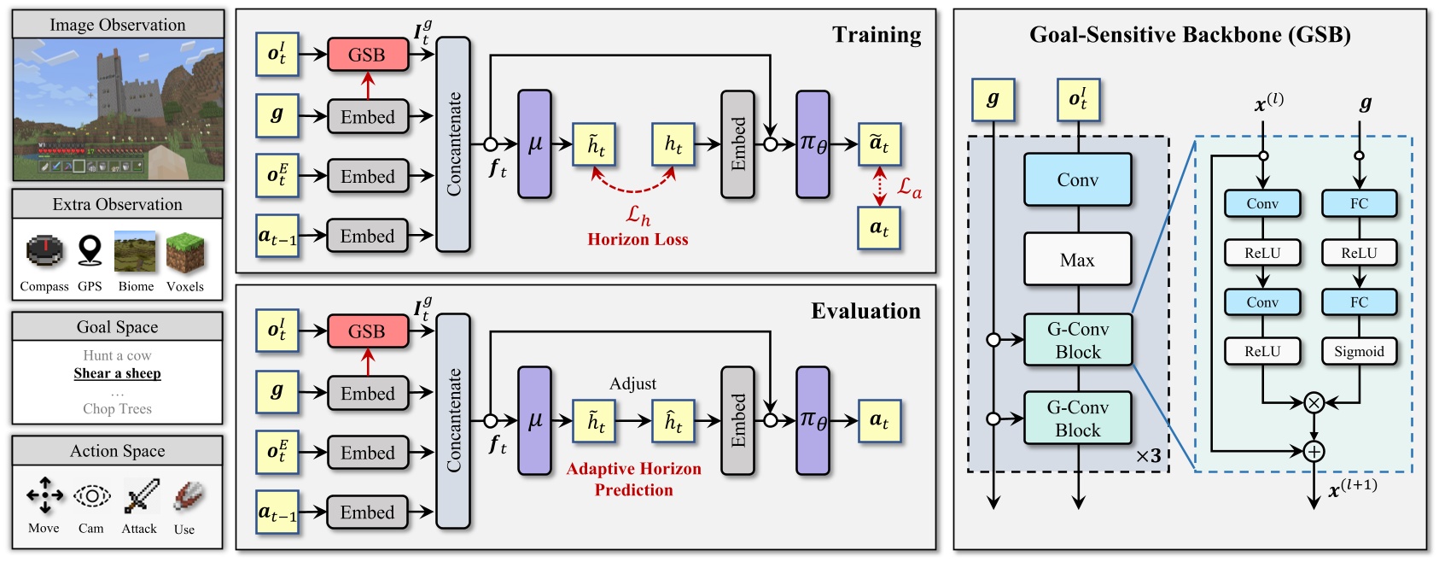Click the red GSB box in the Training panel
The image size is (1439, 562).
[367, 55]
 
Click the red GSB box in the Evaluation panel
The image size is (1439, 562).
[367, 331]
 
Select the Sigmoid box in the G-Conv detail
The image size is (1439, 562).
[1359, 351]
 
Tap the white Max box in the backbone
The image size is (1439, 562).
[1077, 260]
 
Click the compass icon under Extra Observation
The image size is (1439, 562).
[44, 251]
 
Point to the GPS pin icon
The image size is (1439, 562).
[90, 251]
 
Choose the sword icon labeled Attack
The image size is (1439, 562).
[141, 495]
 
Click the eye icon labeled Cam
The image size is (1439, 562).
[91, 495]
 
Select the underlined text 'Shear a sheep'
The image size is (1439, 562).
[117, 373]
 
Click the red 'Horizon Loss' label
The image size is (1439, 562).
[638, 239]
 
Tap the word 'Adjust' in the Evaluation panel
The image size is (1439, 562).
[632, 383]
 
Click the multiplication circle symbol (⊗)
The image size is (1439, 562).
[1314, 402]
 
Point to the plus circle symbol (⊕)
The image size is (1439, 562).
[1314, 451]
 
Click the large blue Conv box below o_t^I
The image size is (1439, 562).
[1077, 179]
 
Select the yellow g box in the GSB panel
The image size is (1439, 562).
[993, 99]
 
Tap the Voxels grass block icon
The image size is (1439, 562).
[185, 252]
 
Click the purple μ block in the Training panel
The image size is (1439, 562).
[534, 144]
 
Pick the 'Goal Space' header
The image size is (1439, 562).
[117, 327]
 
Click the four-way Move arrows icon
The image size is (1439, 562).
[44, 495]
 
